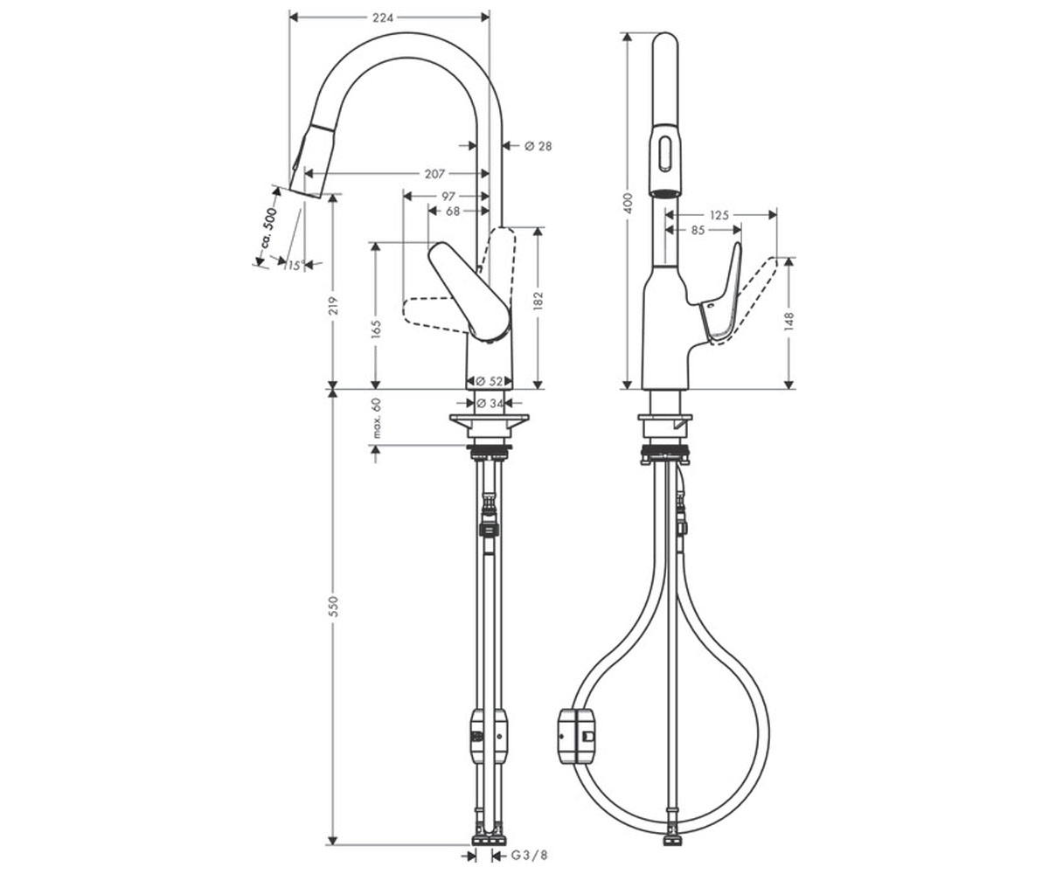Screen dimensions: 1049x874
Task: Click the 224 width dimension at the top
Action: (383, 18)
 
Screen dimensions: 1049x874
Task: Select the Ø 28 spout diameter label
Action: (538, 146)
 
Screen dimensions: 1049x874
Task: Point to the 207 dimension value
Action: (434, 174)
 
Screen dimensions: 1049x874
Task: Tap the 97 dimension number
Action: (448, 197)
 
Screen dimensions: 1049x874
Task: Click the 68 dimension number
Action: (453, 212)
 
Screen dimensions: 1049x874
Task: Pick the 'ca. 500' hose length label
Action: (268, 228)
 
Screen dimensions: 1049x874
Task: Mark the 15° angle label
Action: (295, 265)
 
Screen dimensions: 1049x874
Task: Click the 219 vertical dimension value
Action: (333, 306)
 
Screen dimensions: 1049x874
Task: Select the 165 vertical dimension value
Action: (376, 329)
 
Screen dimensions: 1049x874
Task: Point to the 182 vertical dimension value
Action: (538, 301)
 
